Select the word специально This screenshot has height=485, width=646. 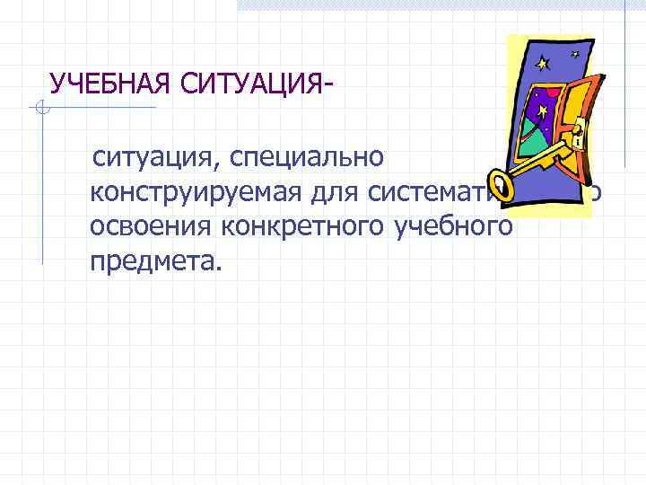[309, 158]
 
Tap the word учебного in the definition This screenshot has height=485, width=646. [454, 226]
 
